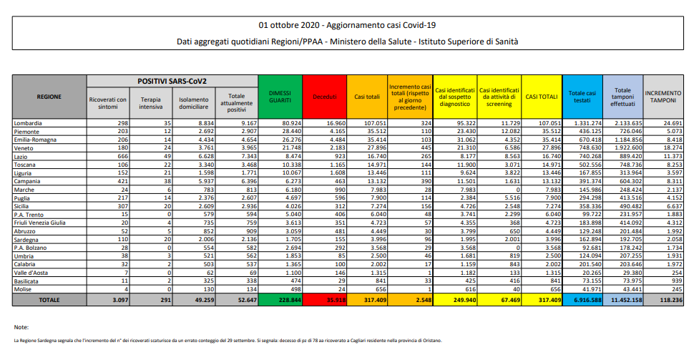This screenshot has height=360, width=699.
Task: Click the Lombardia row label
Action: click(29, 124)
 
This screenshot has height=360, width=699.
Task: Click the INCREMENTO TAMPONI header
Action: click(664, 96)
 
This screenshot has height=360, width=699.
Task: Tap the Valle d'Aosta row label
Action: click(31, 273)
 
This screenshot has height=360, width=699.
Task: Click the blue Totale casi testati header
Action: click(581, 96)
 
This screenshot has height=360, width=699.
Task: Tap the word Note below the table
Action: click(21, 327)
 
